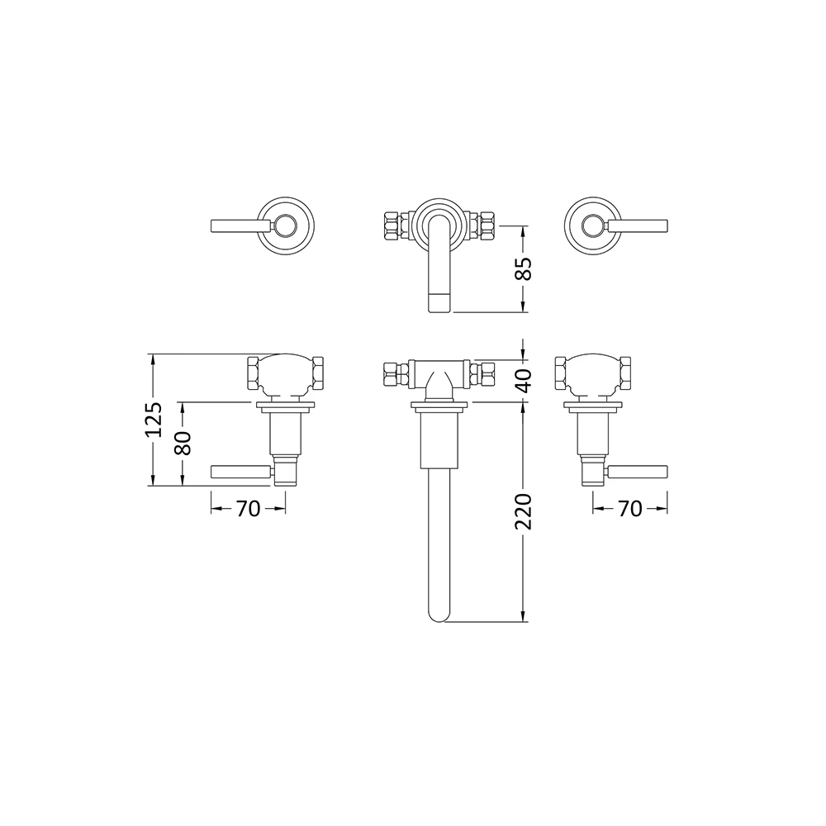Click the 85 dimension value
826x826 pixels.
click(523, 268)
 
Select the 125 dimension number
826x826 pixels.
click(153, 420)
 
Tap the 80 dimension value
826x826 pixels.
click(183, 444)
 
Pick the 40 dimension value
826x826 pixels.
click(523, 380)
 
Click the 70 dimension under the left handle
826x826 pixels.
click(248, 509)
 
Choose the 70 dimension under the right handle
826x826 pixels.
click(629, 509)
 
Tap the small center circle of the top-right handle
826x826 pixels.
click(591, 225)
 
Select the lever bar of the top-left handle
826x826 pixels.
click(240, 225)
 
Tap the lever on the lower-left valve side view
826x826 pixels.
click(240, 472)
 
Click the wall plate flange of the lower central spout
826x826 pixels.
click(439, 406)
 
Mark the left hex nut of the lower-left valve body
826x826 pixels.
click(255, 374)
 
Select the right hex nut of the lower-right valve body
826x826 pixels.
click(627, 374)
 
